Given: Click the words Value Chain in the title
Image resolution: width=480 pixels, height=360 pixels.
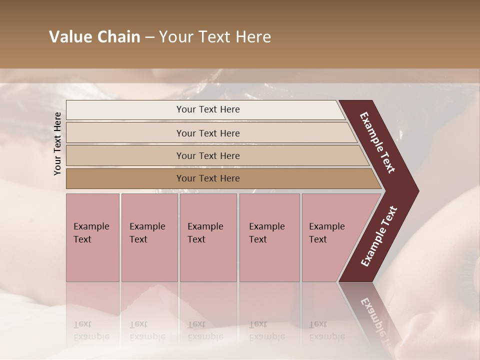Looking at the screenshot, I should (94, 37).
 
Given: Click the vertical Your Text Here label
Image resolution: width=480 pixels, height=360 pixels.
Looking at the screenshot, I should (57, 143).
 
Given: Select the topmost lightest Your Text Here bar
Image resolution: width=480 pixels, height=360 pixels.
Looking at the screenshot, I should (208, 109).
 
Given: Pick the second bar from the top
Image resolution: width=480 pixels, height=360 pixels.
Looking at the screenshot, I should (208, 133).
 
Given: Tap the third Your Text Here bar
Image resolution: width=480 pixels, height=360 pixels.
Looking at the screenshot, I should (208, 155).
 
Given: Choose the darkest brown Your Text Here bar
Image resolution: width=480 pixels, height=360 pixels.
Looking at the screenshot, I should (208, 178).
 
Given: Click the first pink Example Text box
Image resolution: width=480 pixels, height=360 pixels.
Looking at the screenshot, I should (92, 237).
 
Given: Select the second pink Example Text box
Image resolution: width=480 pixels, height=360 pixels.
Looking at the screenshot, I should (149, 237).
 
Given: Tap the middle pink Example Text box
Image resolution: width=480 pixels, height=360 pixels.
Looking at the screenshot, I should (208, 237).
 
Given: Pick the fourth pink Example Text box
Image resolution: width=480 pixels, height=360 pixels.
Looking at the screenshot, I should (269, 237).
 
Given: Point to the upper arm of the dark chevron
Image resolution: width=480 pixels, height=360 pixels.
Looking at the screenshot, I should (377, 142).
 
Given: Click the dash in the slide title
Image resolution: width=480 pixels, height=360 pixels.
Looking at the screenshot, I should (149, 37).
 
